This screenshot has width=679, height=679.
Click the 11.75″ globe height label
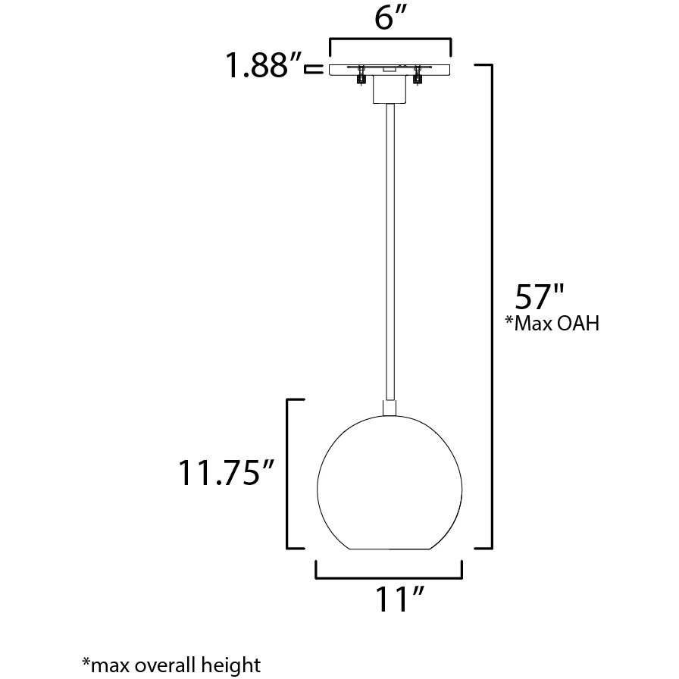coord(225,474)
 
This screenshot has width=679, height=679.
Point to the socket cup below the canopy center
coord(390,91)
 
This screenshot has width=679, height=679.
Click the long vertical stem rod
coord(390,250)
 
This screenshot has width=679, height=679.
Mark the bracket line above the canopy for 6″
coord(390,40)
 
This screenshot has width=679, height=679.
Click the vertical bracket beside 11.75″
coord(287,474)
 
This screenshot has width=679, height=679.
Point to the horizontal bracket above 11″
coord(389,577)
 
